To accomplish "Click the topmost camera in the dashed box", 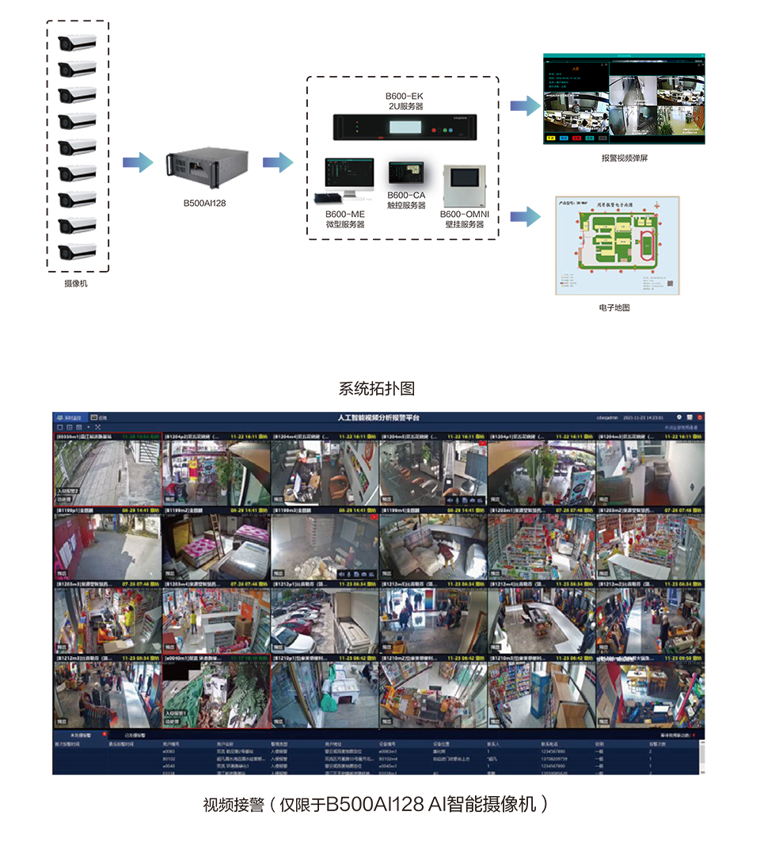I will (78, 43).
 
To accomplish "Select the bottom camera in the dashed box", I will (78, 253).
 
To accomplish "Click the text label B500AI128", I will (205, 203).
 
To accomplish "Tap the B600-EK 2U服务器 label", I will (405, 101).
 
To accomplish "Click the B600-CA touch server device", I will (406, 173).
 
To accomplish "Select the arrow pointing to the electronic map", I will (524, 216).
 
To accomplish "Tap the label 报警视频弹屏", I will (625, 158).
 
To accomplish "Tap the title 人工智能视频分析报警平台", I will (378, 417).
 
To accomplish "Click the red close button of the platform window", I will (700, 417).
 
